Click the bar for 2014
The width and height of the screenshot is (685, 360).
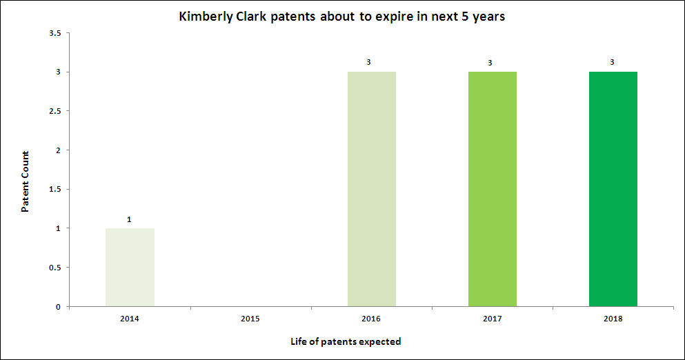coord(130,267)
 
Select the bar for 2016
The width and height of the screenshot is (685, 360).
coord(371,189)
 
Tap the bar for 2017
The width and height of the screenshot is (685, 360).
coord(492,189)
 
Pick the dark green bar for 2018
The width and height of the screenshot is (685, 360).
coord(613,189)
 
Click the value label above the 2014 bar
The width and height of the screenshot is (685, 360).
coord(130,219)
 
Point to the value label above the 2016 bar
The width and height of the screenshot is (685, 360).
coord(369,63)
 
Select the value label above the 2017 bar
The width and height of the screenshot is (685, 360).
coord(490,63)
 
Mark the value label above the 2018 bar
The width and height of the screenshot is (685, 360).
coord(610,63)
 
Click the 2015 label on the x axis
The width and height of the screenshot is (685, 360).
coord(250,319)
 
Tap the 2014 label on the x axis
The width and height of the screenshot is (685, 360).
coord(130,319)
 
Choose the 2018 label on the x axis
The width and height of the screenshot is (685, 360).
coord(613,319)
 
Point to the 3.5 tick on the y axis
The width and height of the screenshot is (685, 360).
coord(55,33)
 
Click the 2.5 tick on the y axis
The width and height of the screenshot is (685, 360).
coord(55,111)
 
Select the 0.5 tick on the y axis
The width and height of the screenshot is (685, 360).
coord(55,268)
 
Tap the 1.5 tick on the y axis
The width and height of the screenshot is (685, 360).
coord(55,190)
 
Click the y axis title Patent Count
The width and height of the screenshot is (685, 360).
coord(25,181)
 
